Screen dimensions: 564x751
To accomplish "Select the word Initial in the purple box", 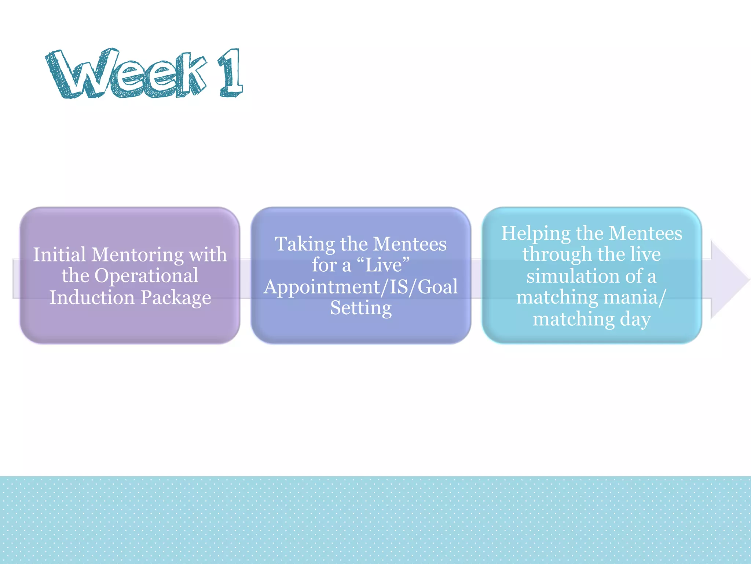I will tap(59, 254).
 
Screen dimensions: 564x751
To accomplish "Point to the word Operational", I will tap(146, 276).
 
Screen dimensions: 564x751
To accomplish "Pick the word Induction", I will tap(92, 297).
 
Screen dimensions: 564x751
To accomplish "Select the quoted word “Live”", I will tap(383, 265).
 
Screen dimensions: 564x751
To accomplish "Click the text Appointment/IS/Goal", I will tap(361, 287).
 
